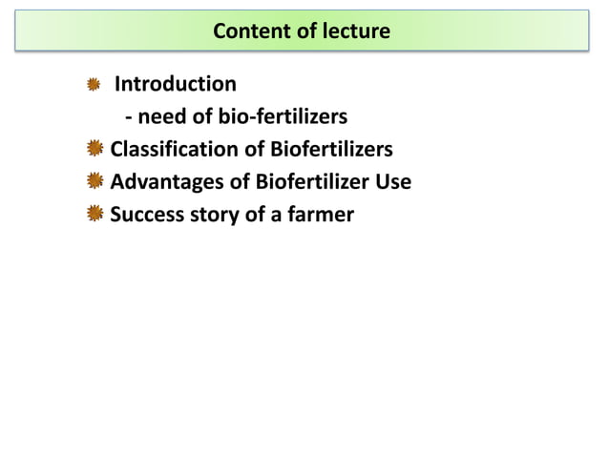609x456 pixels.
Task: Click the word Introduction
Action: (176, 85)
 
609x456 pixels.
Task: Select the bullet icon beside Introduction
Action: (94, 86)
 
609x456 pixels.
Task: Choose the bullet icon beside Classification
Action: (94, 150)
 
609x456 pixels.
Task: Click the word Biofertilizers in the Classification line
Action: (331, 150)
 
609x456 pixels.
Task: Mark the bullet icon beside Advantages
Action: (94, 182)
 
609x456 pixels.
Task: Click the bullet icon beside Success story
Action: (94, 215)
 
